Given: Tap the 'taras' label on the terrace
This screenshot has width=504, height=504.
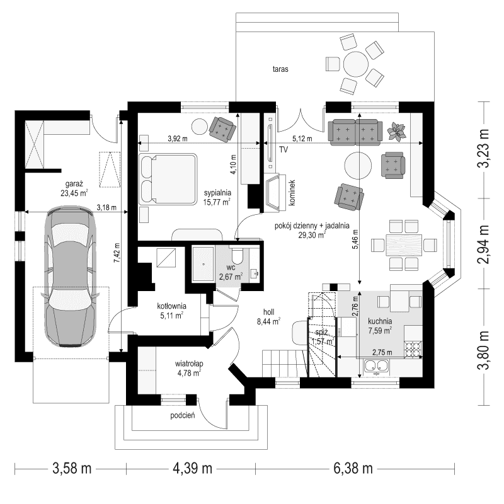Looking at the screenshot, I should pos(281,69).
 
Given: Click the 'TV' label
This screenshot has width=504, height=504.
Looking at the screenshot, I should pos(283,150).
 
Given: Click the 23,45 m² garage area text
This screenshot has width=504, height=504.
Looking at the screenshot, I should pos(74,193).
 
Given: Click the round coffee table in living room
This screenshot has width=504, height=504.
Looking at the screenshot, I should pos(358,165).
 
